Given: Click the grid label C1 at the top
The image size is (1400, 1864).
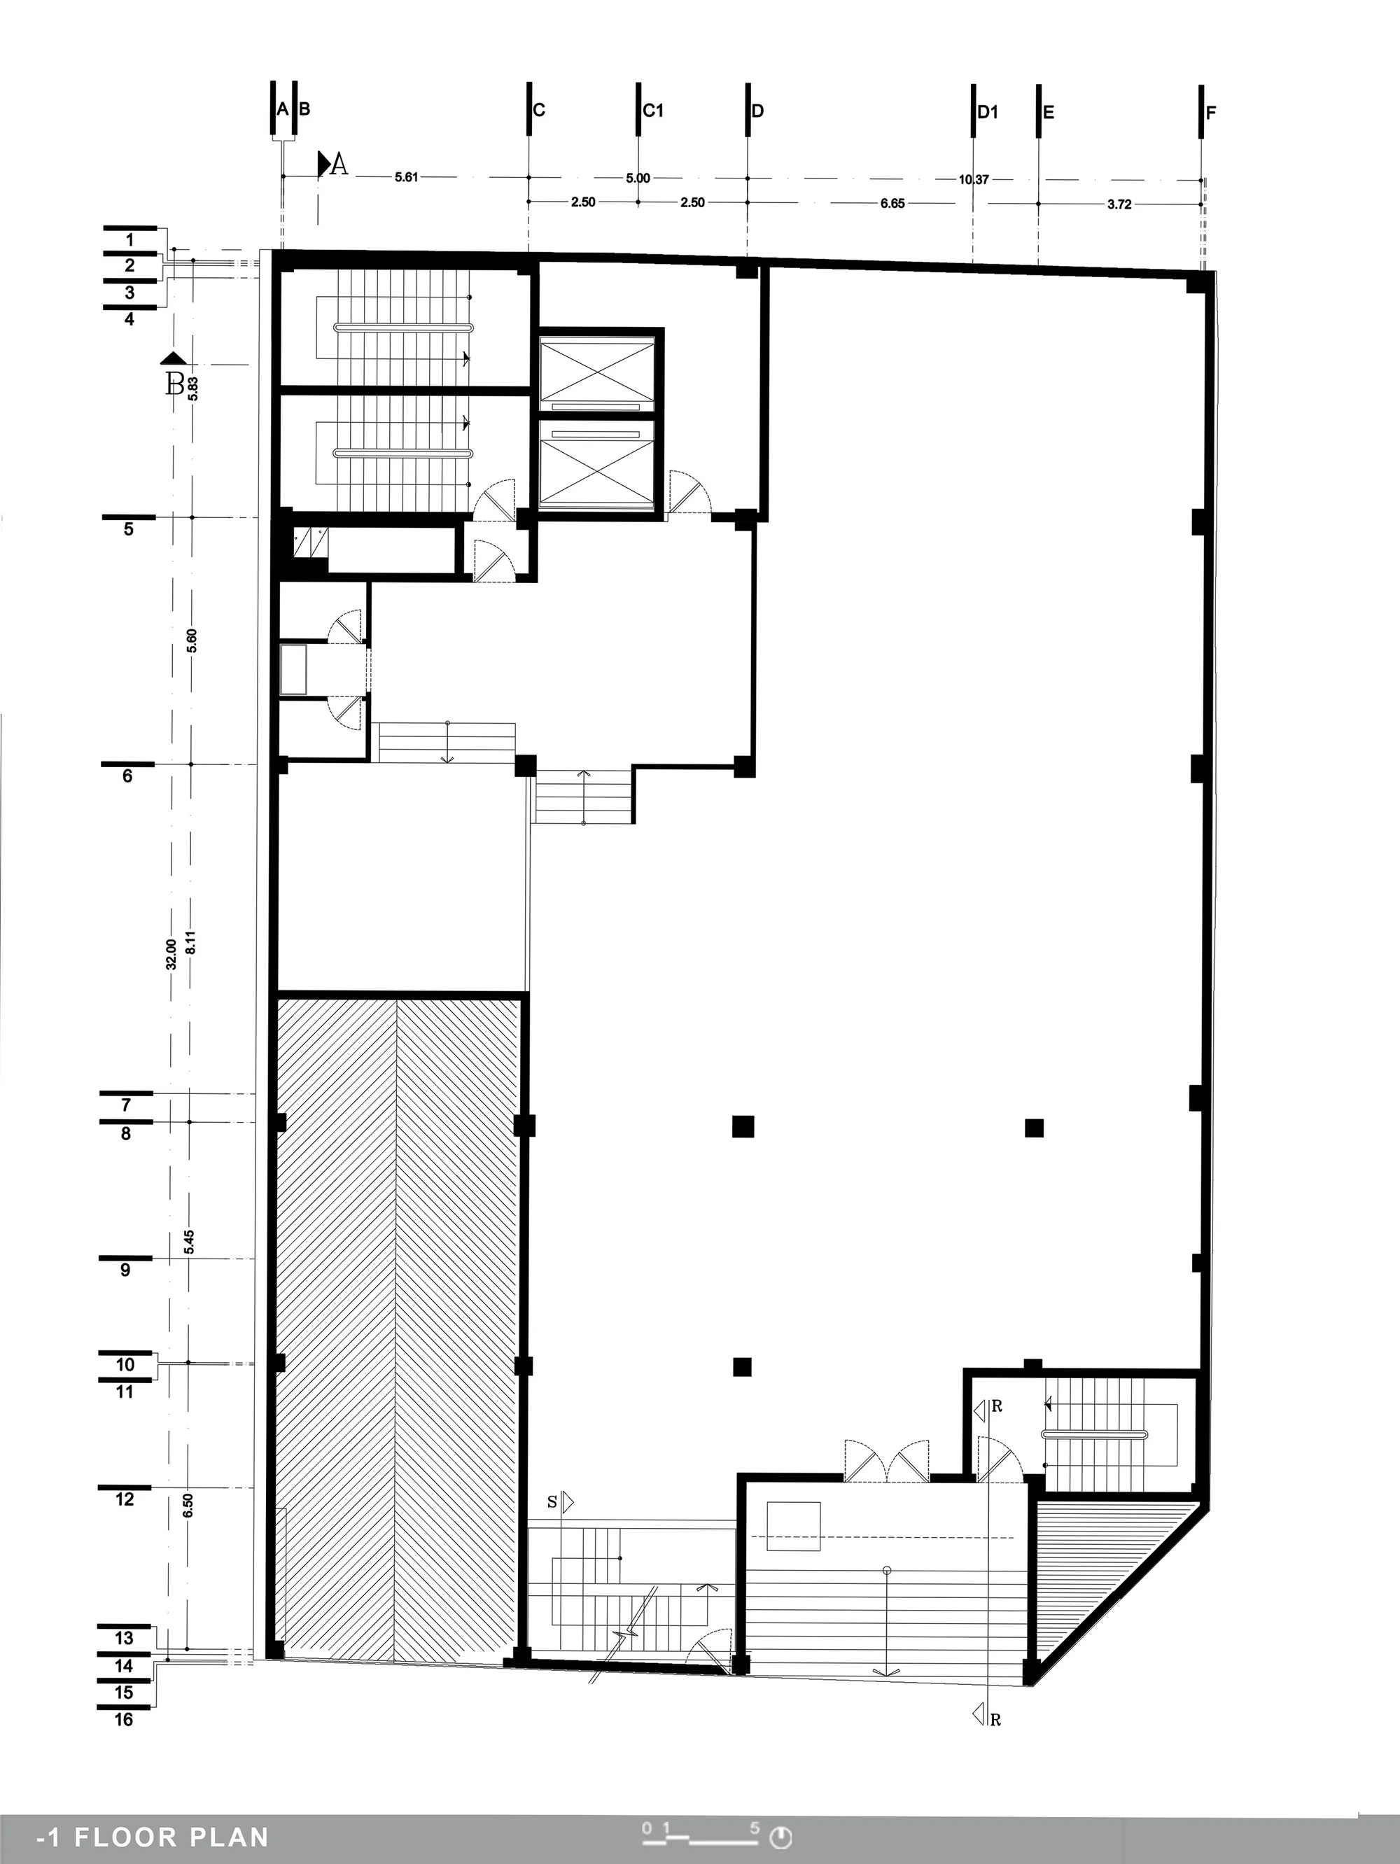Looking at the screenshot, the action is coord(653,111).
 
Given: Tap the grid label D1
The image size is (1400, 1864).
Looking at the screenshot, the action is coord(988,112).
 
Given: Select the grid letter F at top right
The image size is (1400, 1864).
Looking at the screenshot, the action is coord(1211,113).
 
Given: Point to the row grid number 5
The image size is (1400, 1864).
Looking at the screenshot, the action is coord(128,530).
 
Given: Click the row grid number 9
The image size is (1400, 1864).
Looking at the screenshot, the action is coord(125,1270).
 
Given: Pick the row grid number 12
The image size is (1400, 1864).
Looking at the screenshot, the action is coord(125,1499).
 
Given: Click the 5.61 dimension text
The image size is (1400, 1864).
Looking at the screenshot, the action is coord(406,177).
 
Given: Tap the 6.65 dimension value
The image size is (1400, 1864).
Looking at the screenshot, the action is coord(892,203).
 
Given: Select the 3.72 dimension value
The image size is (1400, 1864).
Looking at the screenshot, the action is coord(1119,205).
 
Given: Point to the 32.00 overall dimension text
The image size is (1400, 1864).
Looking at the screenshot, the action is coord(171,955).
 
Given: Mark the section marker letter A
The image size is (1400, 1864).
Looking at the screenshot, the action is coord(339,164).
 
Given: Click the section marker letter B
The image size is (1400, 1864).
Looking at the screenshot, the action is coord(174,385).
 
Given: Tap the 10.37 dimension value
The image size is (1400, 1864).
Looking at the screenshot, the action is coord(974,179).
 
